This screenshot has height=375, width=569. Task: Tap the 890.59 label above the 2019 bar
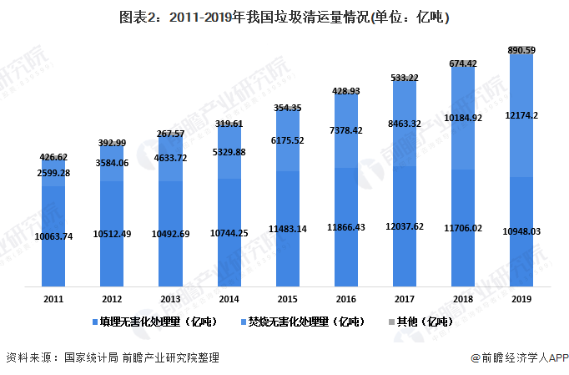[x=521, y=51]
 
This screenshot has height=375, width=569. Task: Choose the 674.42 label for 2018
[x=463, y=63]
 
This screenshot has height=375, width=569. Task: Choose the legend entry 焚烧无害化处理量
[x=304, y=322]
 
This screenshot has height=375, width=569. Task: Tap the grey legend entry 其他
[x=424, y=322]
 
